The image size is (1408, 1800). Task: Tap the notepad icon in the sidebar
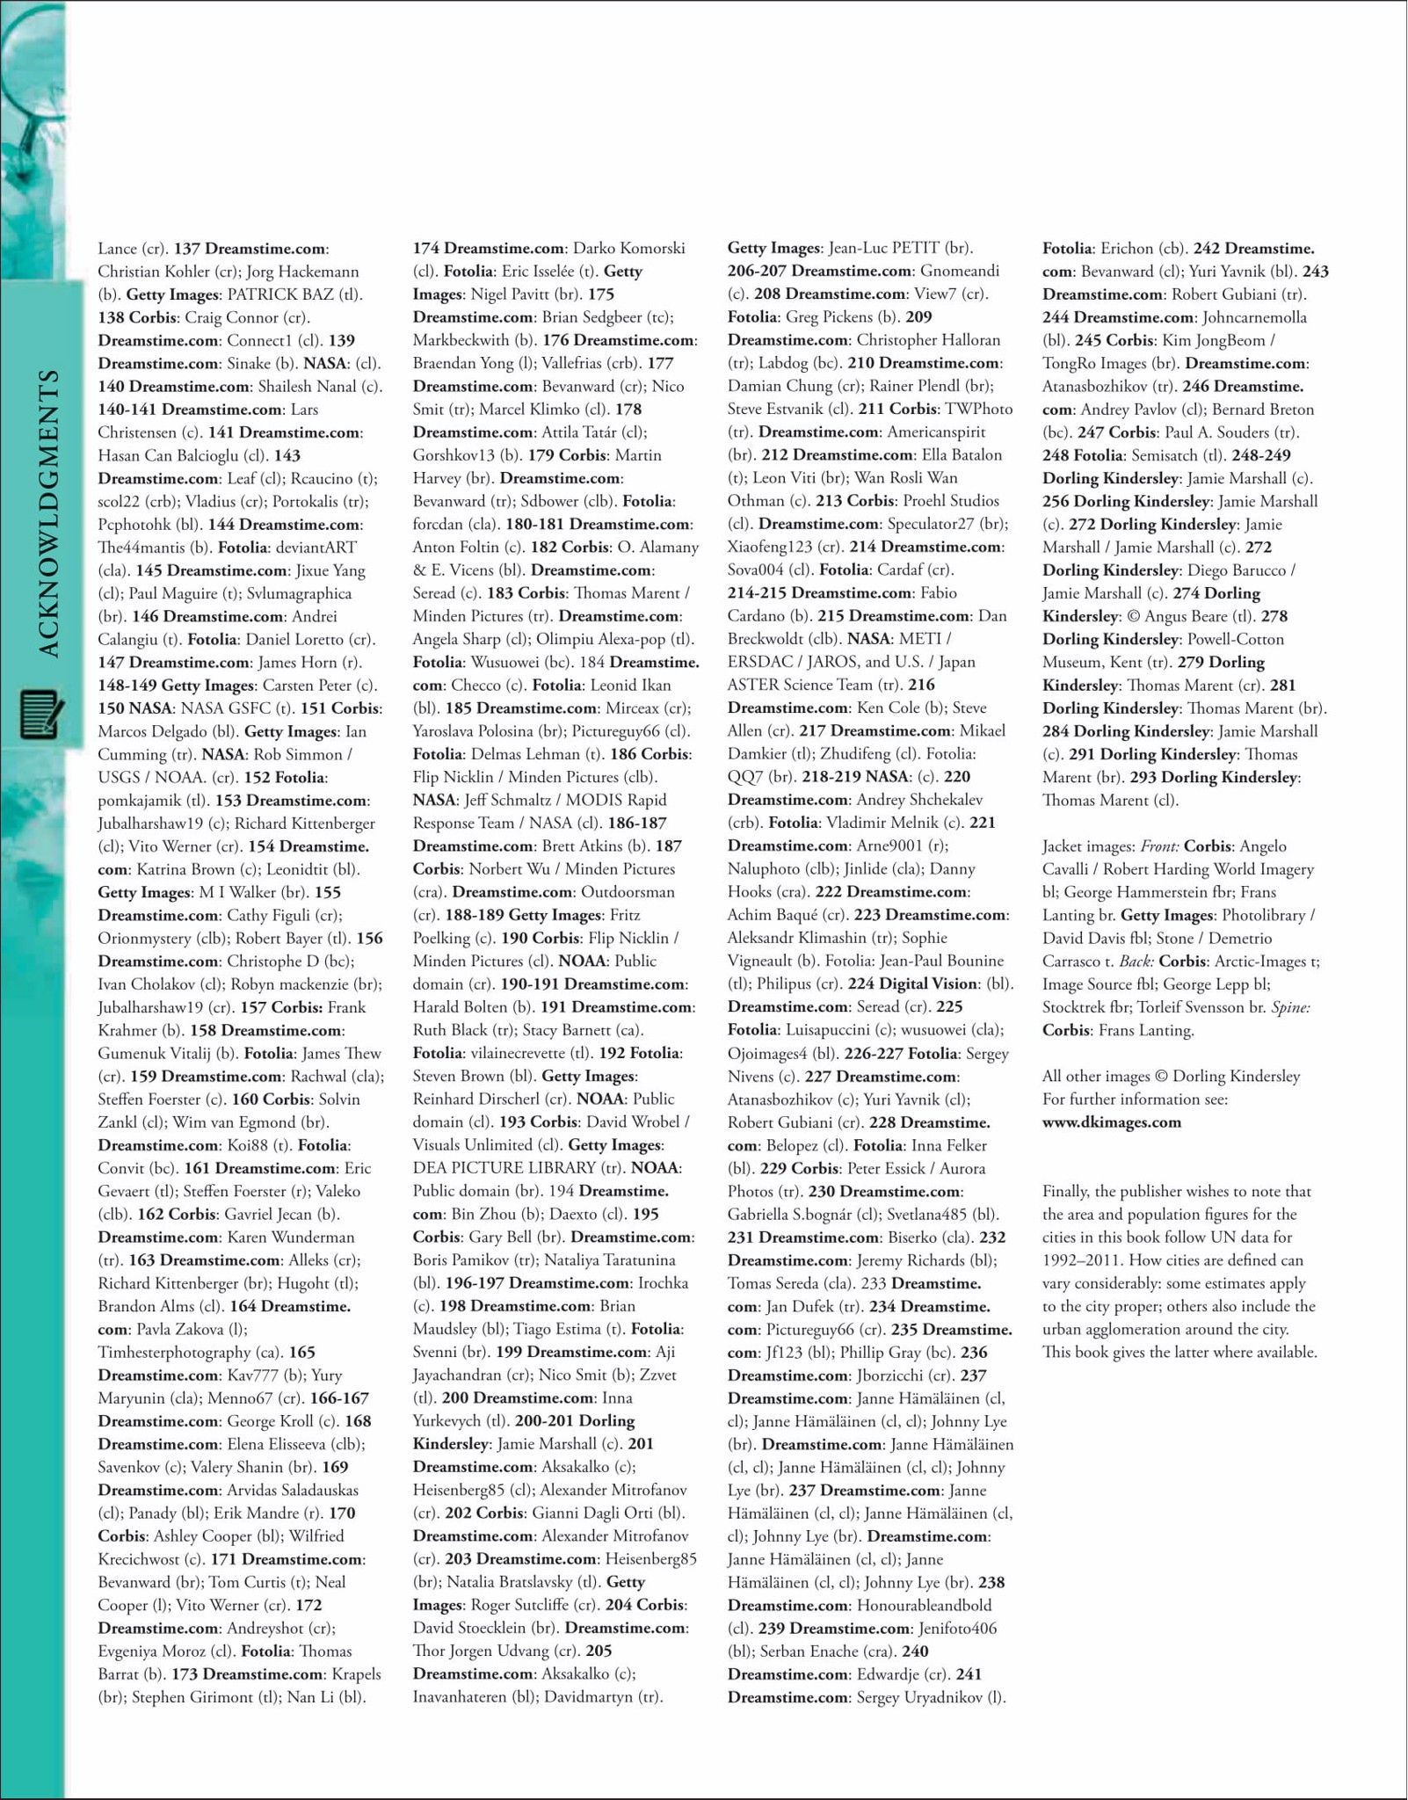[41, 715]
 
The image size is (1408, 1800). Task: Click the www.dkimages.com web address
[1111, 1121]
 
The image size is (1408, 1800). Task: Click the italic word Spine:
[1290, 1007]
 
